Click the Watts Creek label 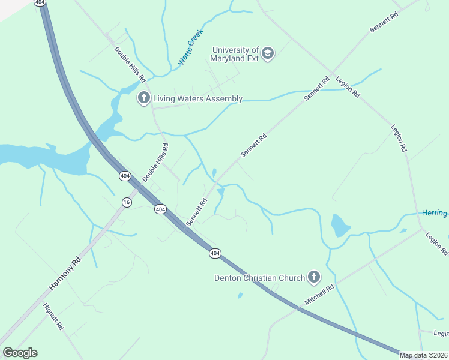(x=191, y=47)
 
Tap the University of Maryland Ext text (x=235, y=55)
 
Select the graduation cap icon (x=268, y=54)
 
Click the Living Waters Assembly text (x=197, y=98)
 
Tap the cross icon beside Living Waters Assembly (x=143, y=98)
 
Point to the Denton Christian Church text (x=260, y=277)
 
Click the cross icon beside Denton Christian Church (x=313, y=277)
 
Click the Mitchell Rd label (x=319, y=295)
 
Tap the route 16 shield (x=126, y=202)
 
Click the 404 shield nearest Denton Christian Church (x=215, y=253)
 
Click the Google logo (x=20, y=353)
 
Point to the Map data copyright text (x=424, y=355)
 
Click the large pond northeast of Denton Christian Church (x=340, y=226)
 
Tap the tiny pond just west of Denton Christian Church (x=240, y=295)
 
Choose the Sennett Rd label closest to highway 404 (x=196, y=212)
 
